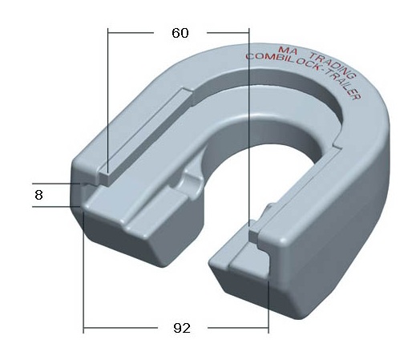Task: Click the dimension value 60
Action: pyautogui.click(x=180, y=33)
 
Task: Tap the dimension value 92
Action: pyautogui.click(x=182, y=328)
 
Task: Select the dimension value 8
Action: pyautogui.click(x=38, y=195)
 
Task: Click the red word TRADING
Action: pyautogui.click(x=333, y=66)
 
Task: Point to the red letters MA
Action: pyautogui.click(x=287, y=50)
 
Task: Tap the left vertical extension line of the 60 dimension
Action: pyautogui.click(x=107, y=101)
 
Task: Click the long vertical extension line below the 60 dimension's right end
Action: pyautogui.click(x=249, y=127)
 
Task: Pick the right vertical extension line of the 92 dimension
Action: pyautogui.click(x=269, y=306)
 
